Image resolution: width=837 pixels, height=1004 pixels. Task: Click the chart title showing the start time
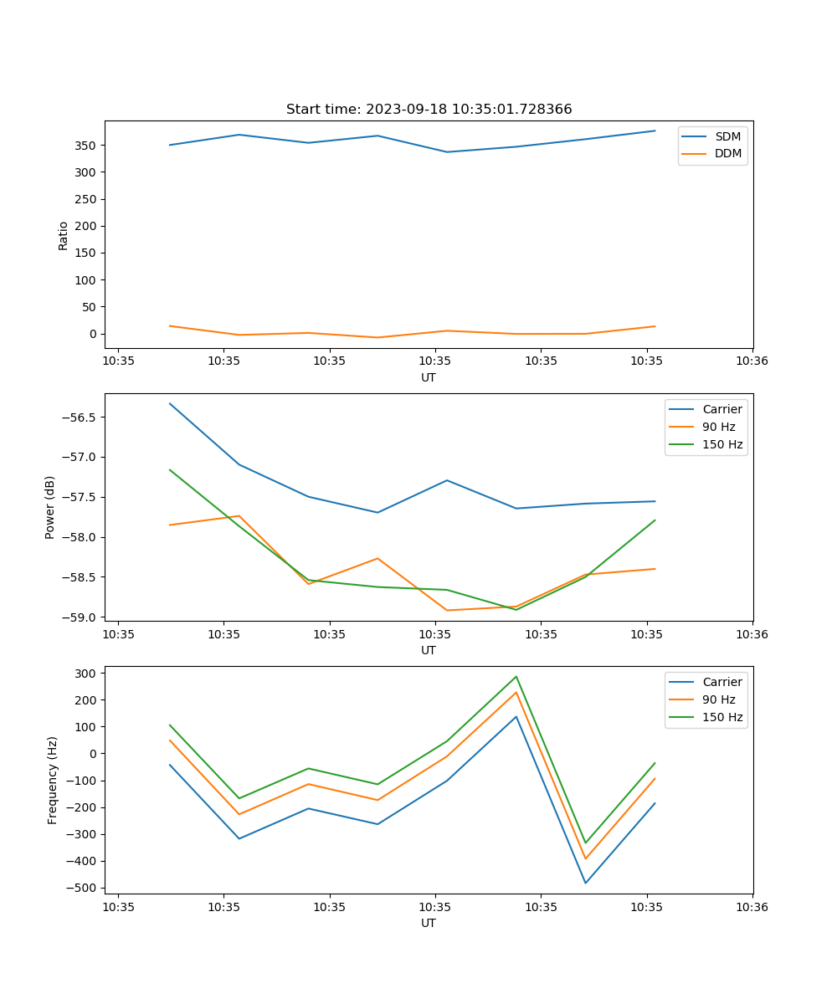(429, 110)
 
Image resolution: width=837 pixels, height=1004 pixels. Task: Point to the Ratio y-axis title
(64, 235)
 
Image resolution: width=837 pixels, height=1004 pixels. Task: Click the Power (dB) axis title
(50, 507)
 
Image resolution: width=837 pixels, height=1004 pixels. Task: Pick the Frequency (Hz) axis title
(53, 780)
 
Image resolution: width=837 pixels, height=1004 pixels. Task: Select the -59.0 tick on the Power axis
(82, 617)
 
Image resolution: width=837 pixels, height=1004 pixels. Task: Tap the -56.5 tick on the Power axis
(82, 417)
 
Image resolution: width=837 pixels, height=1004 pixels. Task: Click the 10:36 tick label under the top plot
(752, 361)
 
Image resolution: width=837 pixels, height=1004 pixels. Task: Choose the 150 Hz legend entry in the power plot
(722, 444)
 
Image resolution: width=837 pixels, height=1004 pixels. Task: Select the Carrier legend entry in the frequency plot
(722, 682)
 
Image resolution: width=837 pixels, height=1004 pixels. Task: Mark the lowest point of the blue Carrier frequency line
(585, 883)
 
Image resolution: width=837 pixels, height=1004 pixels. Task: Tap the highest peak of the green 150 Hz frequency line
(516, 676)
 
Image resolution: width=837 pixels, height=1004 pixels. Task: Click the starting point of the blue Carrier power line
(170, 403)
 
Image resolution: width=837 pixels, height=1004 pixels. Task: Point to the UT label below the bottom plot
(429, 923)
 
